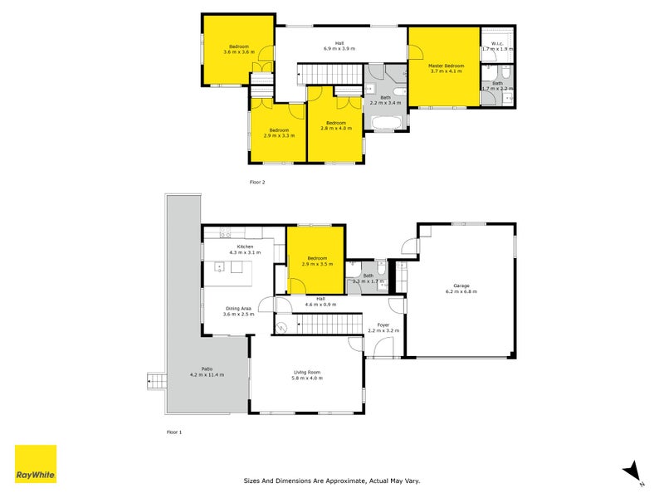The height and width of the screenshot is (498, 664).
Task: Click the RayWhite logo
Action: [x=36, y=464]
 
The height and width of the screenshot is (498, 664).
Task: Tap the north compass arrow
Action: [x=632, y=471]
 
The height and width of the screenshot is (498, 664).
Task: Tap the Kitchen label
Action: [x=245, y=247]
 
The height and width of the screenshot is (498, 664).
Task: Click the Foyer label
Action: [x=383, y=325]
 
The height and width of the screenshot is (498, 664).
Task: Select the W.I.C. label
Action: [x=498, y=43]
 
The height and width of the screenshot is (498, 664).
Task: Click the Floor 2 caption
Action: [x=257, y=181]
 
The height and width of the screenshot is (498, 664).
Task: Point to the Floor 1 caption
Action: [x=174, y=432]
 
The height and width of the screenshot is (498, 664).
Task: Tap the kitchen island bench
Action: [x=233, y=267]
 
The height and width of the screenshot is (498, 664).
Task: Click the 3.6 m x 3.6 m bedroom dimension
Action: [x=238, y=52]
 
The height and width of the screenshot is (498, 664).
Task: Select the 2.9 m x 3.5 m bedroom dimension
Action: [x=317, y=264]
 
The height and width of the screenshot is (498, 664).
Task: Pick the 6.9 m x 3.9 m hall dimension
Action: [x=339, y=49]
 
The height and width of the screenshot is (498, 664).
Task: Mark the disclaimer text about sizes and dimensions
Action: [x=332, y=480]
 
